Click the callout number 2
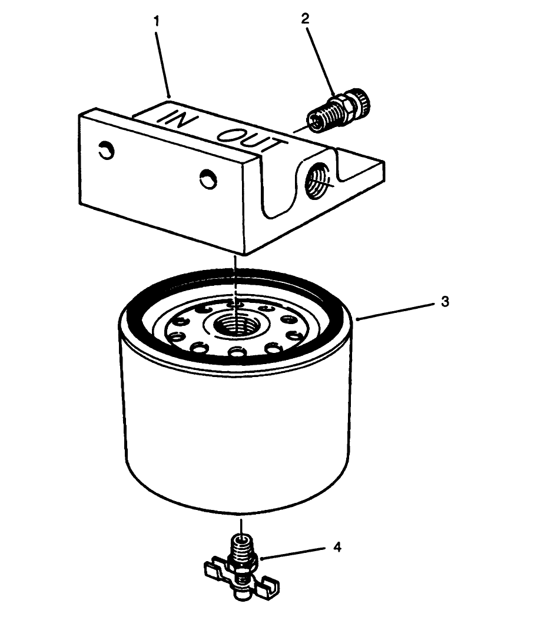click(304, 18)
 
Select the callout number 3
click(445, 302)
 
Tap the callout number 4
click(337, 547)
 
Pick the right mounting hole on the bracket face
click(207, 178)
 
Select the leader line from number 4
click(294, 553)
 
